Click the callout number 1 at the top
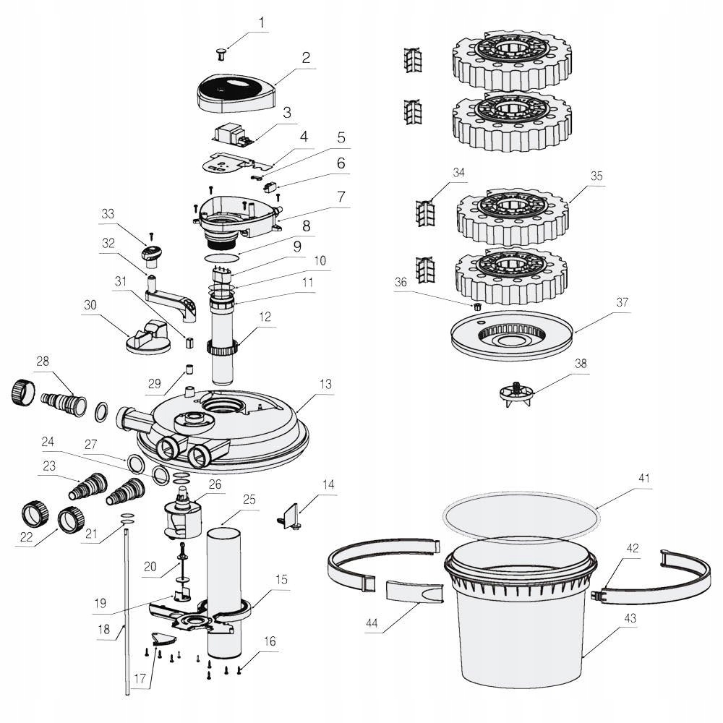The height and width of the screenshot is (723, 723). coord(262,22)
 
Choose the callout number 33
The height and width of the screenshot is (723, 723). coord(108,214)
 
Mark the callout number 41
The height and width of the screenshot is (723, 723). coord(644,479)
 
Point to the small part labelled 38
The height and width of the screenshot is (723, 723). coord(518,394)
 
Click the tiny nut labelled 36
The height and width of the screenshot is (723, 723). coord(476,307)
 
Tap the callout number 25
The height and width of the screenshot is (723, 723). coord(249,500)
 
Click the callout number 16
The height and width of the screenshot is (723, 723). coord(270,641)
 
